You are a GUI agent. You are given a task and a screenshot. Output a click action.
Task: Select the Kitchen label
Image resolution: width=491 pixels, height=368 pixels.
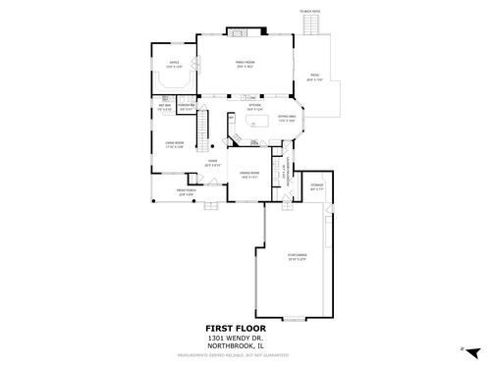[253, 107]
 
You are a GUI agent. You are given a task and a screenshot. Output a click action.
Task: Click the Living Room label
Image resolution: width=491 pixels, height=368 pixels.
[175, 144]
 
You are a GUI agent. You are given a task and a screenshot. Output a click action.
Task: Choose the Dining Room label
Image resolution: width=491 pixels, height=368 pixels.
[249, 175]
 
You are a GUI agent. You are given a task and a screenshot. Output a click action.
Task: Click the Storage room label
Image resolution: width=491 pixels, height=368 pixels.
[317, 186]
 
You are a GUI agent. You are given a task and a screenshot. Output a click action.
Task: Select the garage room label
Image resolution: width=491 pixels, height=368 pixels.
[296, 257]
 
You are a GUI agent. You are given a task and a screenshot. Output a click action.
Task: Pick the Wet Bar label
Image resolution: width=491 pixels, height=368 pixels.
[164, 109]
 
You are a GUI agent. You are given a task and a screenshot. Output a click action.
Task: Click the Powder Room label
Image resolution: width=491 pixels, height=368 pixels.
[187, 109]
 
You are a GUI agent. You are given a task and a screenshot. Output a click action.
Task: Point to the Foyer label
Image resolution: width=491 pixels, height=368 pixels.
[212, 164]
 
